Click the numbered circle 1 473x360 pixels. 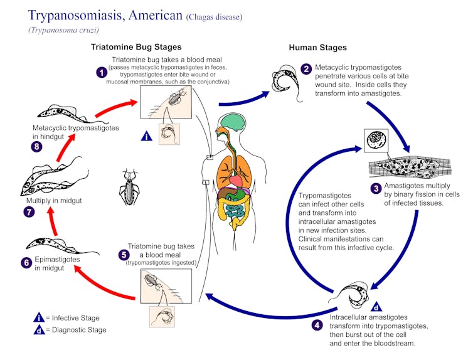pos(102,72)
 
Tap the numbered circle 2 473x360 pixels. pos(306,69)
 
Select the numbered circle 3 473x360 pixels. pos(376,189)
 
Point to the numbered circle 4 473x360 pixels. pos(317,325)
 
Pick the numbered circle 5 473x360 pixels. pos(124,255)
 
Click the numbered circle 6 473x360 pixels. pos(26,263)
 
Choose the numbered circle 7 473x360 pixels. pos(29,211)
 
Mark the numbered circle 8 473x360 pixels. pos(37,147)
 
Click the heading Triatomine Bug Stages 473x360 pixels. pos(136,47)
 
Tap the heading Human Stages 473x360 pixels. pos(317,48)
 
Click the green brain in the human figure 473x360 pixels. pos(233,122)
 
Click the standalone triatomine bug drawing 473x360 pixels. pos(130,187)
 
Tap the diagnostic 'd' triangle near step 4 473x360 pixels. pos(376,307)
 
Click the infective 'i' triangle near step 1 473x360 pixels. pos(147,136)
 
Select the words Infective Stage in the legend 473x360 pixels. pos(76,318)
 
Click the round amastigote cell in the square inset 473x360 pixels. pos(376,140)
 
